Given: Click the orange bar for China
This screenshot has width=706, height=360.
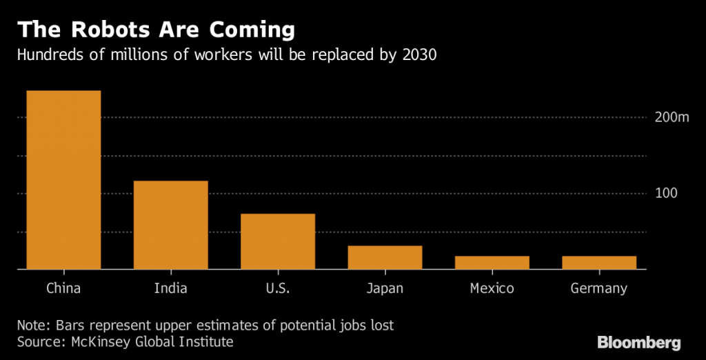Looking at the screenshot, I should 63,180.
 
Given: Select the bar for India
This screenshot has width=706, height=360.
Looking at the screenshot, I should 170,225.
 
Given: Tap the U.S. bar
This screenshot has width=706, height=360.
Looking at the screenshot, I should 278,241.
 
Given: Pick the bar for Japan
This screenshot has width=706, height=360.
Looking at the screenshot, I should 385,257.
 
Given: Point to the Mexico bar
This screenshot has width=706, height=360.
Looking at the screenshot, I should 492,262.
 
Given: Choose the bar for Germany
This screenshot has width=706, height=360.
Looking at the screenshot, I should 598,262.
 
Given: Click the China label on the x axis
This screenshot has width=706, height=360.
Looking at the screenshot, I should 63,288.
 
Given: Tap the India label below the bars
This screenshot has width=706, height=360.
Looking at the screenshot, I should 170,288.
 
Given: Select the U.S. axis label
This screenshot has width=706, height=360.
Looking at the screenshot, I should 278,288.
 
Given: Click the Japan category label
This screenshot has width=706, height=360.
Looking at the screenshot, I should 385,288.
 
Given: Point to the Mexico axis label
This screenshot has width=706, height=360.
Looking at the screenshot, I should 492,288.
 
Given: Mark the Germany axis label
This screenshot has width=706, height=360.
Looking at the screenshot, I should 598,288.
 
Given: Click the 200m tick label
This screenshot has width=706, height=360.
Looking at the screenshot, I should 672,118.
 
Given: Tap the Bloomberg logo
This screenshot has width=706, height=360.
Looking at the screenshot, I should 638,342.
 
